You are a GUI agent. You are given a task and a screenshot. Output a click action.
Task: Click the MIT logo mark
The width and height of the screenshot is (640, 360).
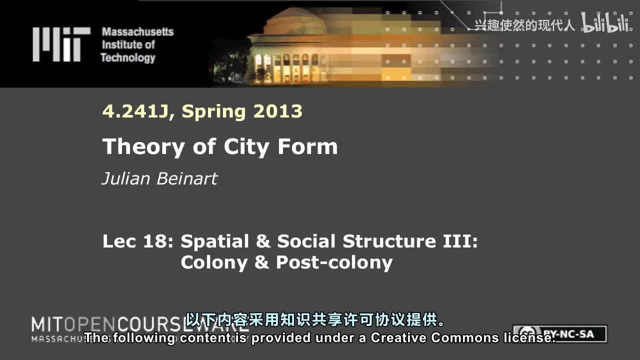click(61, 44)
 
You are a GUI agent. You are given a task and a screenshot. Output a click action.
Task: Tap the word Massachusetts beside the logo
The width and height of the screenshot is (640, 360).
click(137, 32)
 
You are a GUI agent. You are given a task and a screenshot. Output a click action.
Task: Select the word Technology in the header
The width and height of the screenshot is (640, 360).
click(128, 57)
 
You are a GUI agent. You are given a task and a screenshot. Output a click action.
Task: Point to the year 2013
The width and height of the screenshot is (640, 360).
click(277, 111)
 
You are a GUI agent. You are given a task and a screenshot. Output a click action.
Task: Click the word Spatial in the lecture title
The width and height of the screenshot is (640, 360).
click(214, 241)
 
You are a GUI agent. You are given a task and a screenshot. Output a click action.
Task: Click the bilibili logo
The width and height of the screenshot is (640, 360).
click(604, 23)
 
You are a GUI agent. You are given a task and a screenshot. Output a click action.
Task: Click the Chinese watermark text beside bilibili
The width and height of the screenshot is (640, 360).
click(524, 25)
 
